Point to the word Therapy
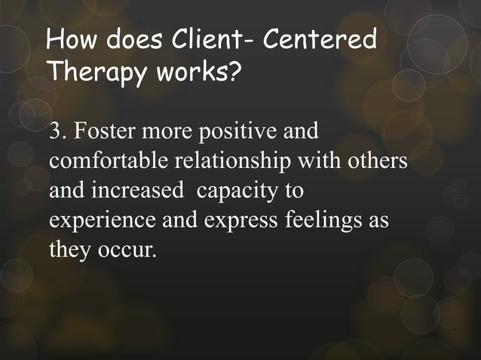pyautogui.click(x=96, y=73)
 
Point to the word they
pyautogui.click(x=69, y=249)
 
